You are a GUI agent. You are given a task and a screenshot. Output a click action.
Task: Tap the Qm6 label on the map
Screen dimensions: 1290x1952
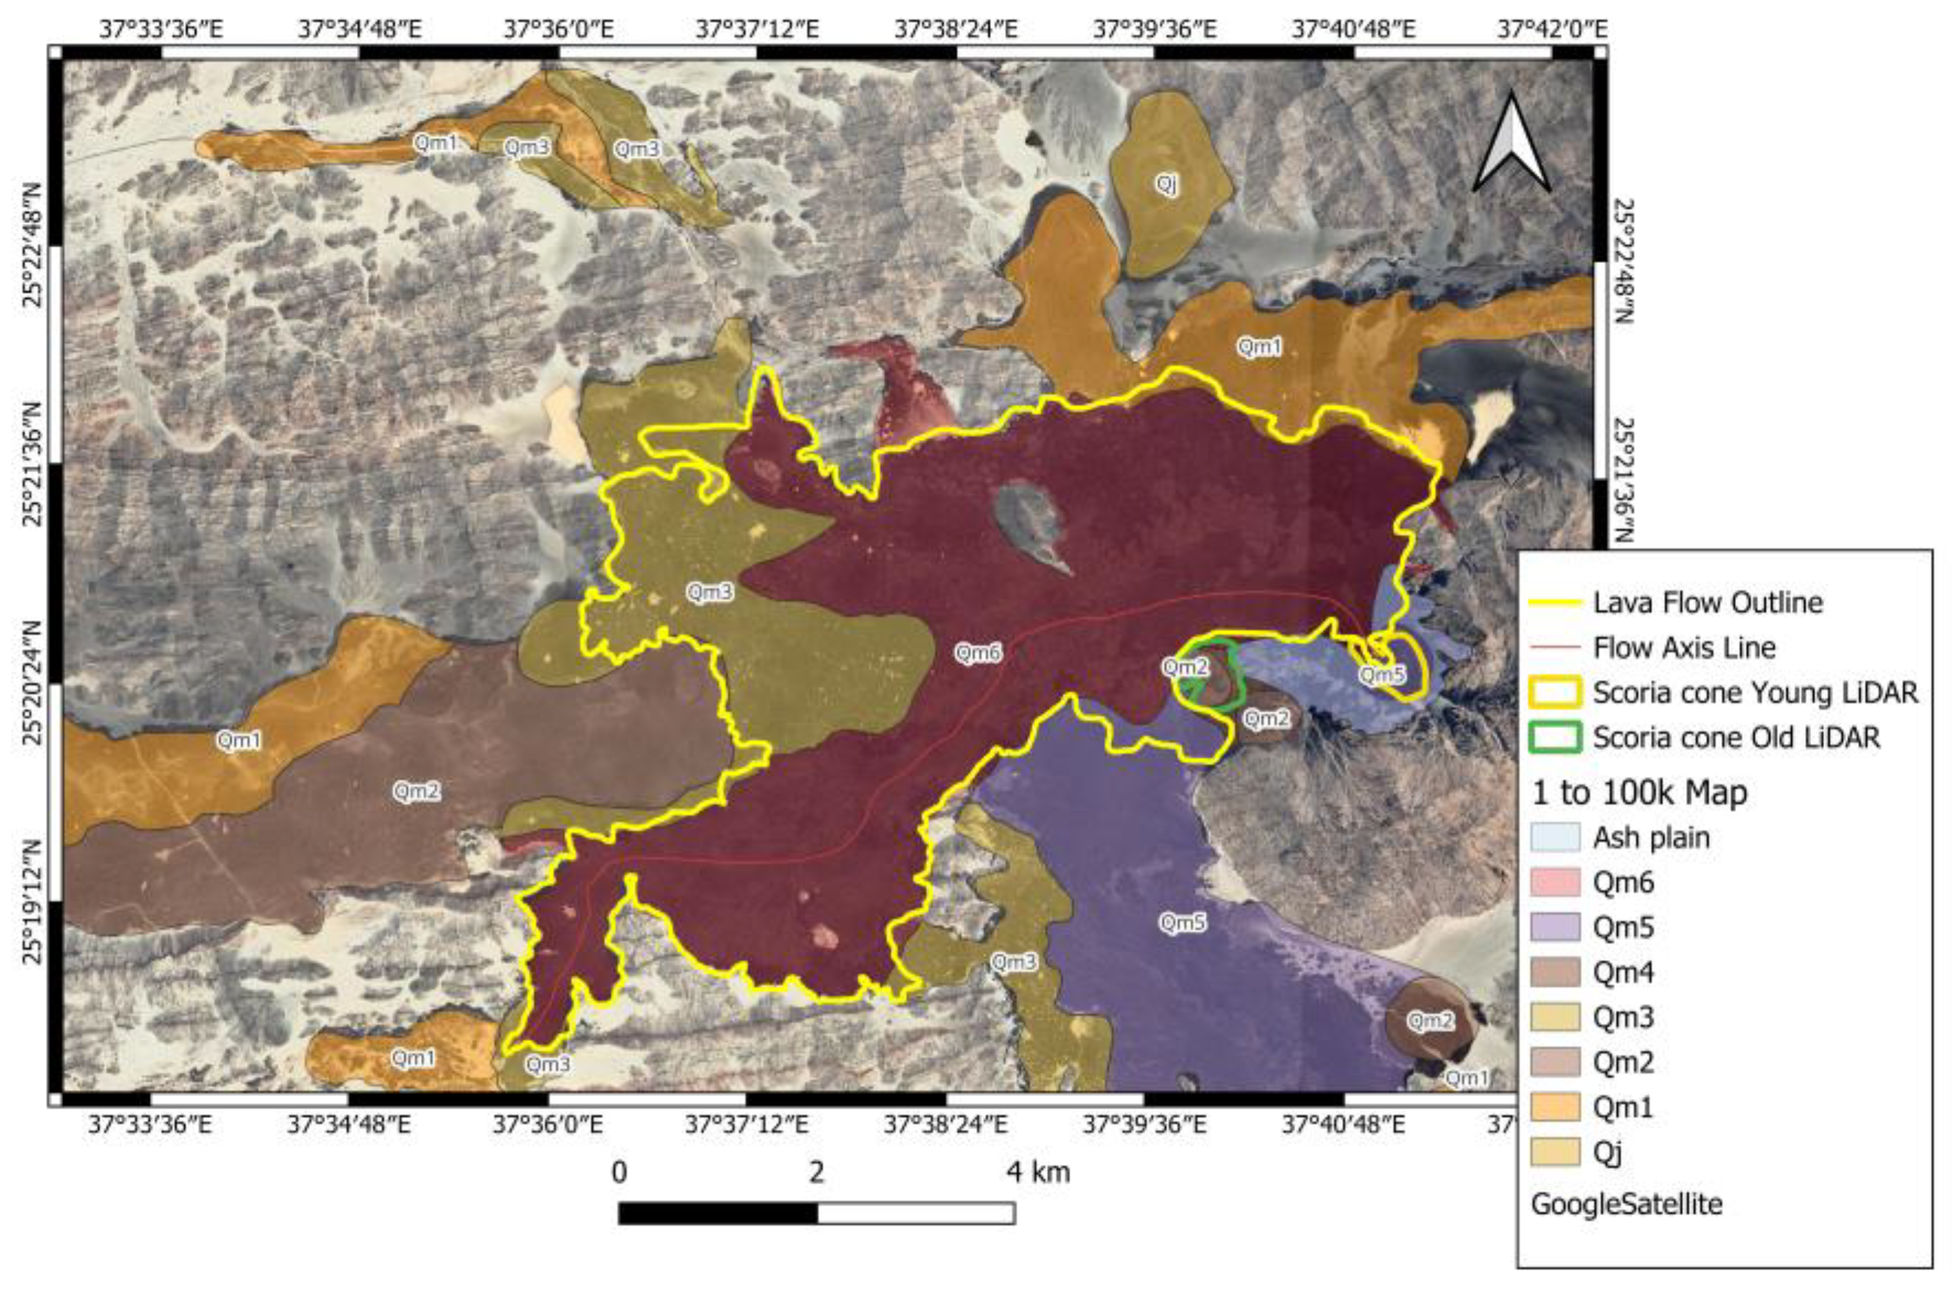(978, 653)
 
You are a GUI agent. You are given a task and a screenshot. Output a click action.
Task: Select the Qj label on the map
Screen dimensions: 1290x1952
(1166, 184)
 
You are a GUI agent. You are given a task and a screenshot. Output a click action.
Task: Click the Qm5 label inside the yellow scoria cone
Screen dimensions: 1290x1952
(1381, 675)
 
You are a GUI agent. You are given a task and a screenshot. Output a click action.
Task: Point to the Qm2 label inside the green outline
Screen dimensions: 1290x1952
(1185, 667)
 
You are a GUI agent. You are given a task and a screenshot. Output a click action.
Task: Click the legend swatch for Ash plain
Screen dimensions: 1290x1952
(1555, 838)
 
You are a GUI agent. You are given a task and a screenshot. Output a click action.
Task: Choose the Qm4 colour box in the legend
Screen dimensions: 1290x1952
(1555, 972)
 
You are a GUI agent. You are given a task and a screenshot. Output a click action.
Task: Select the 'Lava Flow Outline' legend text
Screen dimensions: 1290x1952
(1708, 602)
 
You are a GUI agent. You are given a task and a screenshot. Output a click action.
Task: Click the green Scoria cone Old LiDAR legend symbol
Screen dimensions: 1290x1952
(1555, 737)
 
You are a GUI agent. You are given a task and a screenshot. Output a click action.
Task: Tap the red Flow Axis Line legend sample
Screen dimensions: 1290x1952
(1555, 648)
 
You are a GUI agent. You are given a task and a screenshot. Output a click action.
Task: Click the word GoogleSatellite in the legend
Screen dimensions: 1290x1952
(1625, 1204)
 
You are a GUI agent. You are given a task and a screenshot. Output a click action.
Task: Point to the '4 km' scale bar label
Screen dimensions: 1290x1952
(1039, 1172)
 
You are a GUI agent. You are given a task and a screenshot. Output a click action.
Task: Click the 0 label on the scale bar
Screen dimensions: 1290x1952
(619, 1172)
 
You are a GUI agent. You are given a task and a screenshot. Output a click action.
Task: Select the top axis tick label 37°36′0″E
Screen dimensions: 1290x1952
(559, 29)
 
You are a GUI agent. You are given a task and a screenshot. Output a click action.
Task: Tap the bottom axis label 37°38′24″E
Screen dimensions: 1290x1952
(946, 1124)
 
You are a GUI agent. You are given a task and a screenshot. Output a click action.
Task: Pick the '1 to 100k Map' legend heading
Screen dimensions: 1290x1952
(1639, 793)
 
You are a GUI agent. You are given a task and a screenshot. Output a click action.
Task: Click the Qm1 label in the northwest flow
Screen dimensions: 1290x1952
(435, 143)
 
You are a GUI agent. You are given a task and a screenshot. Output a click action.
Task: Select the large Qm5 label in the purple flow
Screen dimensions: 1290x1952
(1182, 922)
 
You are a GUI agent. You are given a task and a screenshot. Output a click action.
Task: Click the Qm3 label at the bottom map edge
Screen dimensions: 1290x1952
(548, 1064)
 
